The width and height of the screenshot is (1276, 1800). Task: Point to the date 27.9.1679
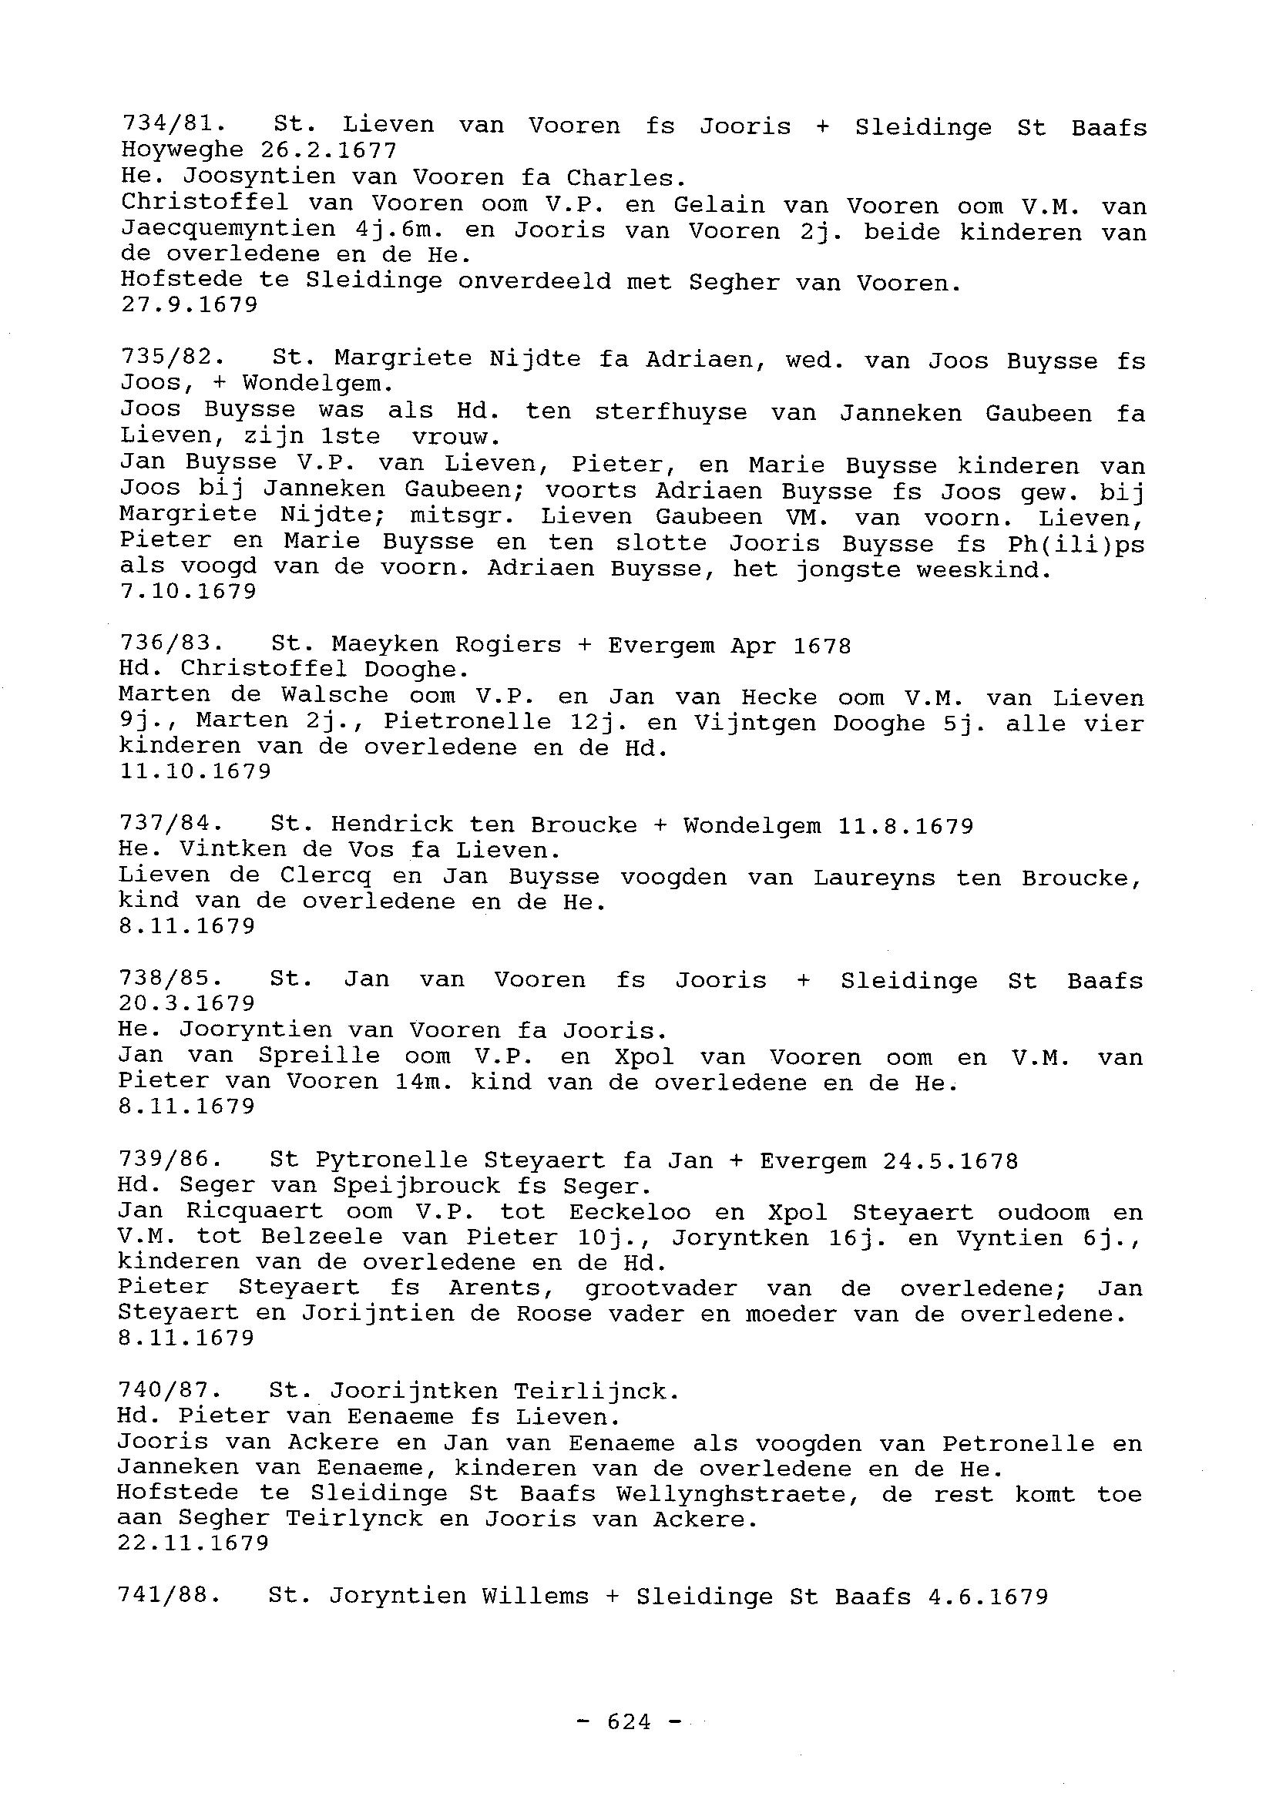click(x=190, y=305)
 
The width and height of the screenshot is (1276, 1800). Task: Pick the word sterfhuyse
click(x=670, y=412)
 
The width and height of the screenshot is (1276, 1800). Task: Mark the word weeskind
click(x=983, y=569)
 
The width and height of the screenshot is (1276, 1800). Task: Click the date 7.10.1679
click(x=189, y=592)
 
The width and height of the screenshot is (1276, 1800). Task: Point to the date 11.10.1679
click(x=195, y=771)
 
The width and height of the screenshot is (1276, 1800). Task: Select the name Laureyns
click(x=874, y=878)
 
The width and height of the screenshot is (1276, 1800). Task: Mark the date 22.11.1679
click(x=193, y=1543)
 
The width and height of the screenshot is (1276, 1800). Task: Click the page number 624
click(x=630, y=1722)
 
